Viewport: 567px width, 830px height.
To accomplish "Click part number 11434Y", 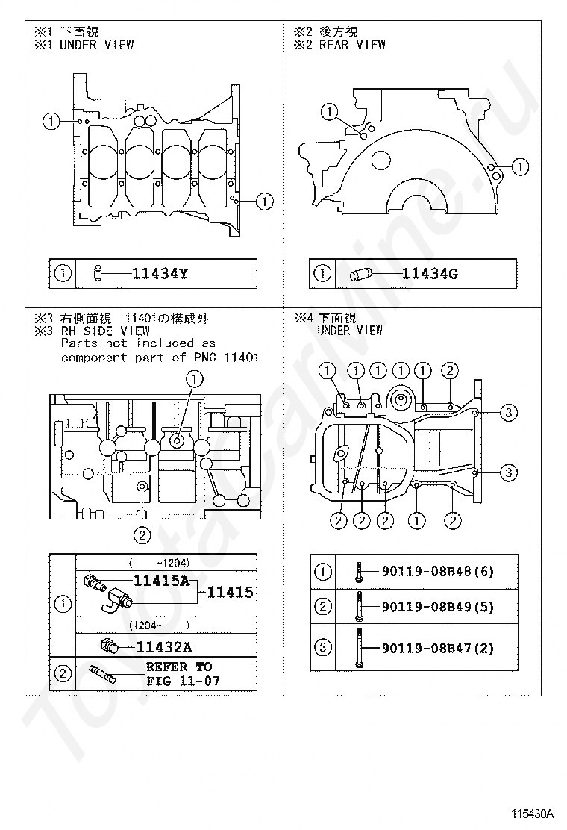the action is point(159,274).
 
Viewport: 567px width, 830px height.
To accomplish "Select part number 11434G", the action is point(430,274).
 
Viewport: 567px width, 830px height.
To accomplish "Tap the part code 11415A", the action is point(161,581).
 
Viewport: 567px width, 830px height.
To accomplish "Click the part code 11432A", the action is point(164,647).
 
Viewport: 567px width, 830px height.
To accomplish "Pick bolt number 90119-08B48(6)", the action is point(438,571).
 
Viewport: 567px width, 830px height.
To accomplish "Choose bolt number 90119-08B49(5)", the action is point(438,606).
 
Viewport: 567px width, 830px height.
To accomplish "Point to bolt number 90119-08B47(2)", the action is point(438,648).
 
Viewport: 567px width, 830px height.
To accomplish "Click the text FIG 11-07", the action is point(183,681).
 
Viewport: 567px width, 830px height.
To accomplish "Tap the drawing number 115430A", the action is point(531,814).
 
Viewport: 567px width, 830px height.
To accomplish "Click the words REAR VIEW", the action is point(352,45).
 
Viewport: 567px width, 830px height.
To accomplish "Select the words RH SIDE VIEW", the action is point(105,331).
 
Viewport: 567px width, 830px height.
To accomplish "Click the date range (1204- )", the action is point(159,625).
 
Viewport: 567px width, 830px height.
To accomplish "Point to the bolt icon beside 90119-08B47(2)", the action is point(359,648).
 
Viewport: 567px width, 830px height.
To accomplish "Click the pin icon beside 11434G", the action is point(362,274).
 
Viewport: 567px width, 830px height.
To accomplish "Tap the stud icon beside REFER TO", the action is point(102,673).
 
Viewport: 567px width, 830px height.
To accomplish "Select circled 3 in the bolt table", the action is point(323,647).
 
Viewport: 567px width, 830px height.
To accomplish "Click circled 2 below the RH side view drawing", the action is point(142,535).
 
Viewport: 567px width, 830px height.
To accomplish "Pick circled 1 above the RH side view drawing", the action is point(195,378).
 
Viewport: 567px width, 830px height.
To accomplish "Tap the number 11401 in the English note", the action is point(242,358).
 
